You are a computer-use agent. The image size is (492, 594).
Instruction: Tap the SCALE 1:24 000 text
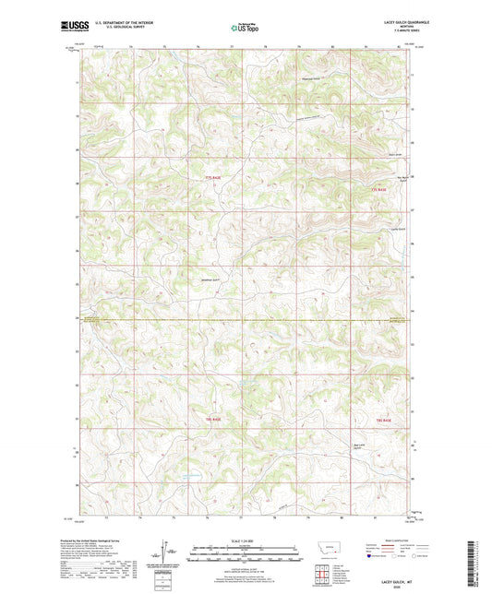coord(246,541)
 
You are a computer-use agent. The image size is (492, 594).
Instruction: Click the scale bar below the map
coord(246,554)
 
